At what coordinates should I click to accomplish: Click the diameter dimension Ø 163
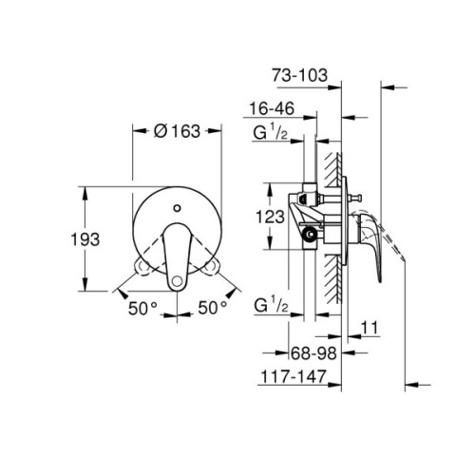click(178, 133)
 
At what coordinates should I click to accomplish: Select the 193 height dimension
click(85, 239)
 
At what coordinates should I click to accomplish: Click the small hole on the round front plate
click(178, 204)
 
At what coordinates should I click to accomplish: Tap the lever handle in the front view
click(178, 256)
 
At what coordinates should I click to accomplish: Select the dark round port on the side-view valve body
click(310, 235)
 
